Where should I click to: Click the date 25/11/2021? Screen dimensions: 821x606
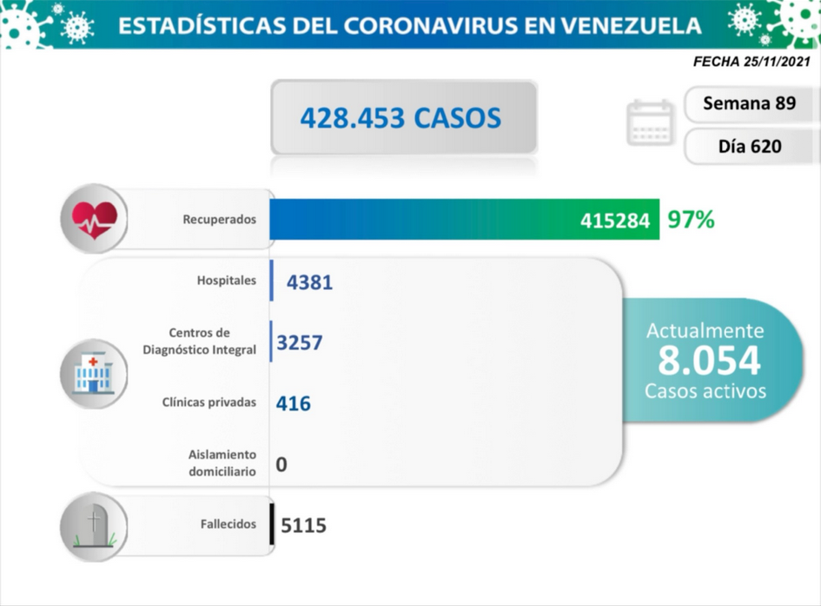pos(777,62)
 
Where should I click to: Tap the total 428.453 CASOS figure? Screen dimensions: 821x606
pos(401,118)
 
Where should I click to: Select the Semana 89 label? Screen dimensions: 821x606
pos(749,103)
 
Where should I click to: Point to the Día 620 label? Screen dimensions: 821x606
pos(750,146)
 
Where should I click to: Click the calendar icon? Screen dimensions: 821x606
pos(651,122)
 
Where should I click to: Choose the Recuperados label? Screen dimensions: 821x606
pos(220,220)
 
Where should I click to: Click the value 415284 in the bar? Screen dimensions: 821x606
pos(615,221)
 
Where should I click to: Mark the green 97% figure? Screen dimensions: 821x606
pos(691,220)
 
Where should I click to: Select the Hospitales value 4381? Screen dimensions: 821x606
pos(309,282)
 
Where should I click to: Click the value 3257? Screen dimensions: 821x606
pos(300,343)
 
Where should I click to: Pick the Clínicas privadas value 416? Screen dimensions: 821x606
pos(294,404)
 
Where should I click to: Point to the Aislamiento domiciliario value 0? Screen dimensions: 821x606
pos(281,464)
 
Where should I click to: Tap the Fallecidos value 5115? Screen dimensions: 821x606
pos(304,525)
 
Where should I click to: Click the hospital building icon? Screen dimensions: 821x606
pos(94,373)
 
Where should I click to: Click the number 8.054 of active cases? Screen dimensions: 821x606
pos(709,360)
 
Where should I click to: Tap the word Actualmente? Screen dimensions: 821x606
pos(705,331)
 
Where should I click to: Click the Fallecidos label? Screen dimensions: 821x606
pos(228,524)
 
